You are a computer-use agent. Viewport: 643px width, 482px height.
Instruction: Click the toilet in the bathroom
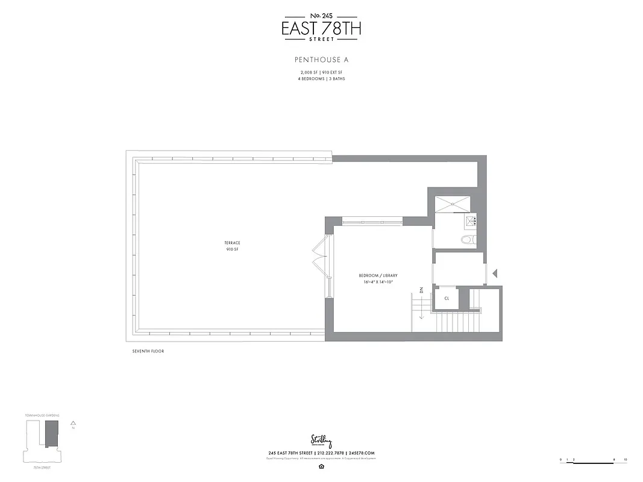pyautogui.click(x=468, y=240)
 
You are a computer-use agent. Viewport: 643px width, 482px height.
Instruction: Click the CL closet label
pyautogui.click(x=447, y=298)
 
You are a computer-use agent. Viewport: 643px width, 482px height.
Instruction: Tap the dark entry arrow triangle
pyautogui.click(x=495, y=274)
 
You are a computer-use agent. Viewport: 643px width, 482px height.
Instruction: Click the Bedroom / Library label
pyautogui.click(x=378, y=275)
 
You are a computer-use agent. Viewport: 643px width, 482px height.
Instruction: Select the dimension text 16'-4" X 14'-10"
pyautogui.click(x=378, y=281)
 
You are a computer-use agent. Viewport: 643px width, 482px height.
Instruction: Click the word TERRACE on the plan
pyautogui.click(x=233, y=243)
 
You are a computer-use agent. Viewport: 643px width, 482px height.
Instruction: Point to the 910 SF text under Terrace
pyautogui.click(x=233, y=249)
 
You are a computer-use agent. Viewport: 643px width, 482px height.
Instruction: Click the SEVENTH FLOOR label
pyautogui.click(x=148, y=351)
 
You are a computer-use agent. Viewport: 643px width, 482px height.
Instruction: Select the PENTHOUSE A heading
pyautogui.click(x=322, y=60)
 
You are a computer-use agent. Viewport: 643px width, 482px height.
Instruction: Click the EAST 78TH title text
pyautogui.click(x=322, y=28)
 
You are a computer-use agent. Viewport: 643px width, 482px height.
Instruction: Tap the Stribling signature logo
pyautogui.click(x=322, y=441)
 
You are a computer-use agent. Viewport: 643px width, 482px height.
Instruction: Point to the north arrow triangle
pyautogui.click(x=73, y=424)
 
